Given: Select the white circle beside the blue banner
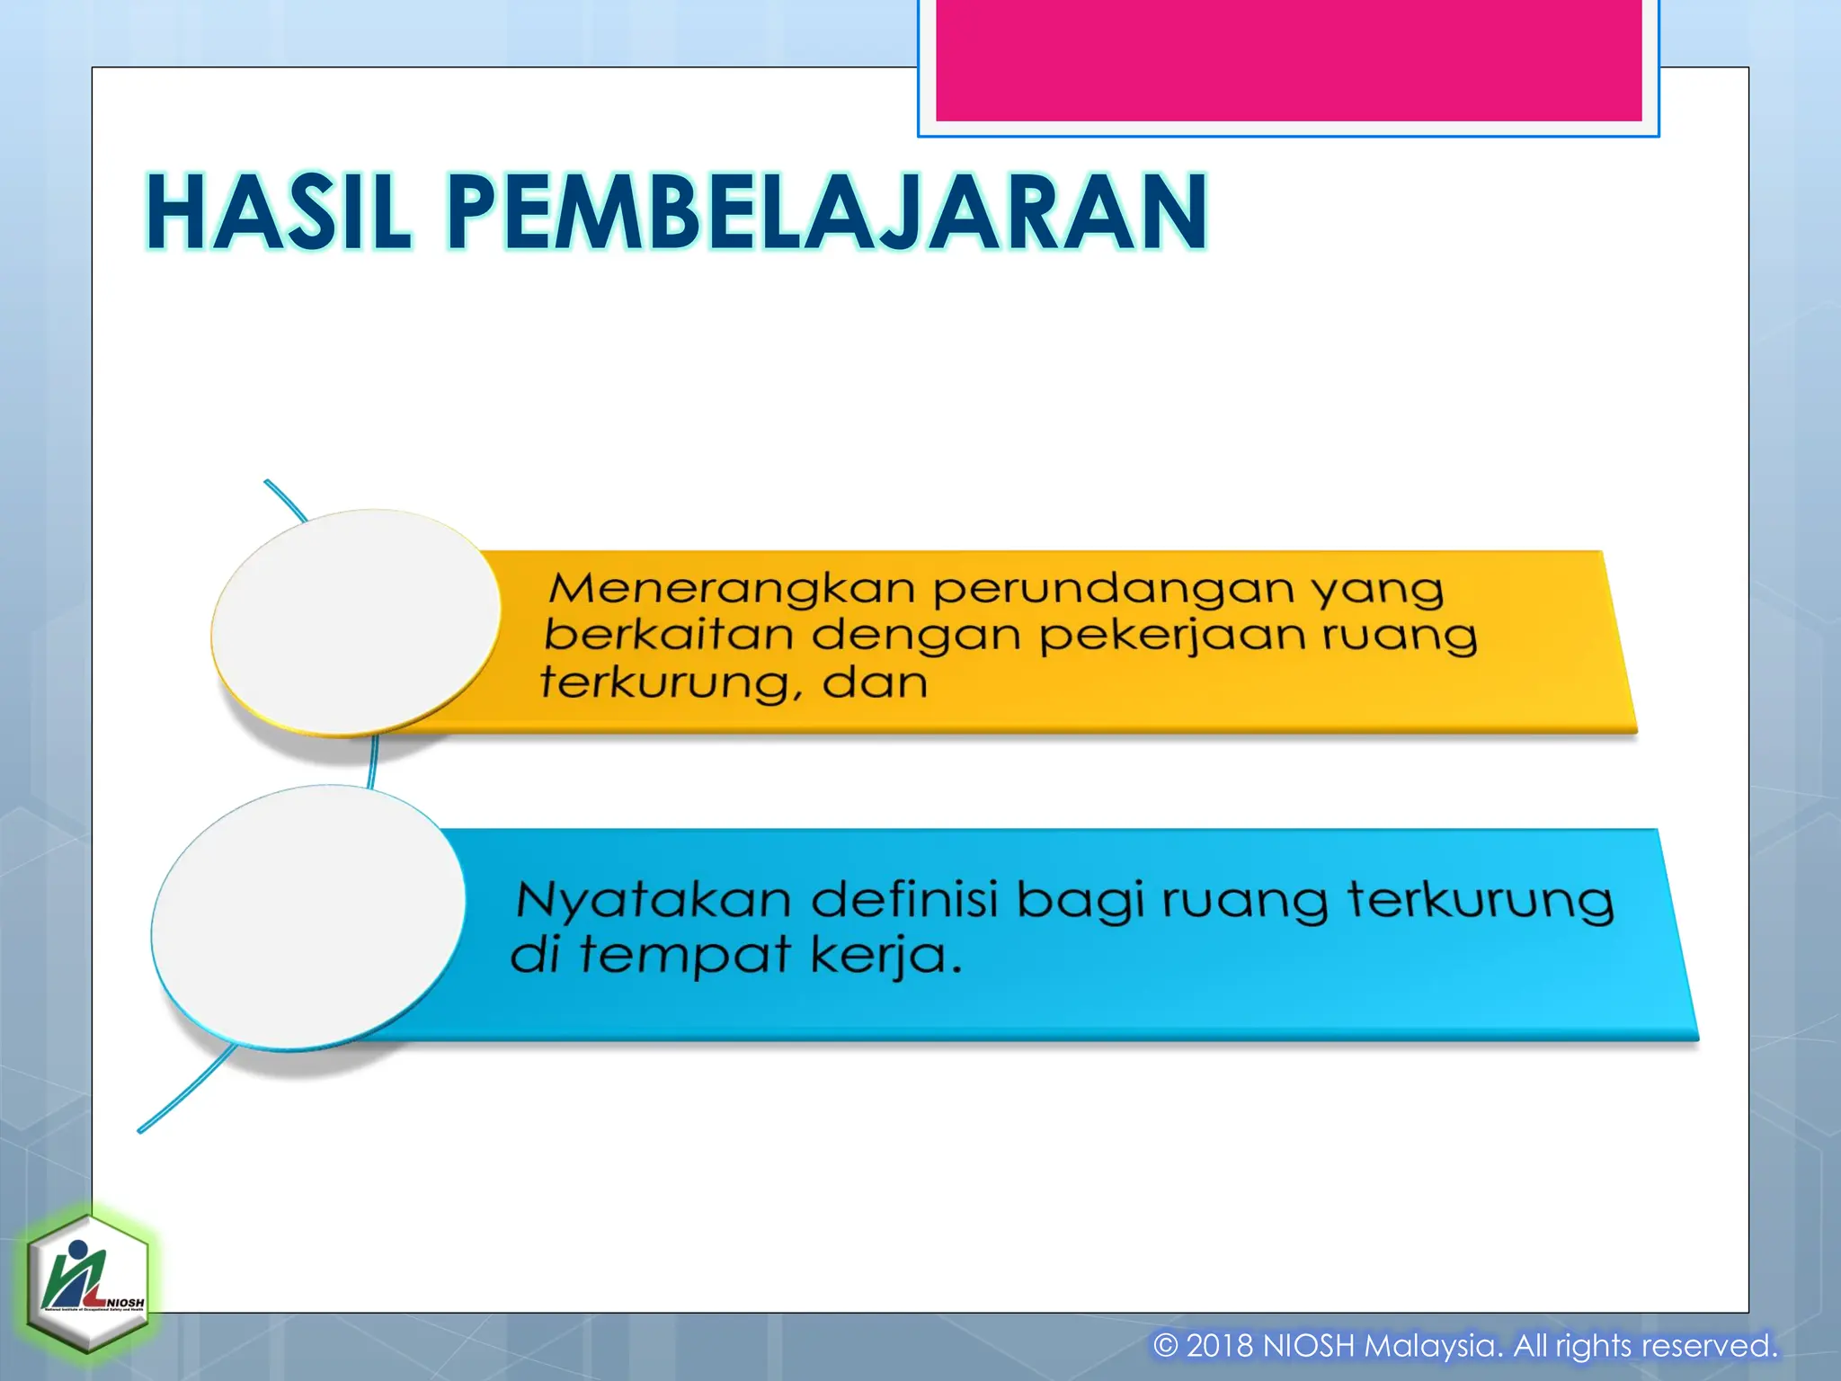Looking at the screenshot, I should pyautogui.click(x=308, y=916).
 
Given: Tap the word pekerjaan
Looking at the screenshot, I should pyautogui.click(x=1172, y=637).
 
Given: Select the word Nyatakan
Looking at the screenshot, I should pyautogui.click(x=653, y=900).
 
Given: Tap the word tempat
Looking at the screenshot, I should pyautogui.click(x=684, y=957).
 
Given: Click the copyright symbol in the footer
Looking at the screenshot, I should pyautogui.click(x=1165, y=1346).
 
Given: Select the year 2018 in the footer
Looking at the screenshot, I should pyautogui.click(x=1220, y=1346).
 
